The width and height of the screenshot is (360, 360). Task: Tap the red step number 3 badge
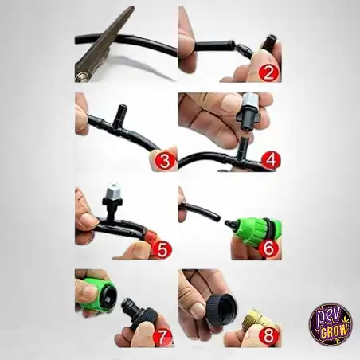(165, 161)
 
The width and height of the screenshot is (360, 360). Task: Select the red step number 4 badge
(271, 160)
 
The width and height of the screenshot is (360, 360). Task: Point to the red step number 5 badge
(162, 249)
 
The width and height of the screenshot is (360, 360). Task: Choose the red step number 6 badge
(268, 248)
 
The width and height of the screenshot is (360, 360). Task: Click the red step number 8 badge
(268, 336)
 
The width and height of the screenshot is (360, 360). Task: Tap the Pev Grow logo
(331, 324)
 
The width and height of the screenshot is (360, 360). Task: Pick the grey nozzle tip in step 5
(112, 190)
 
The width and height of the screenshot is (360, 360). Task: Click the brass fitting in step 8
(252, 318)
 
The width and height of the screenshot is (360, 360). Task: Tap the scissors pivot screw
(79, 77)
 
